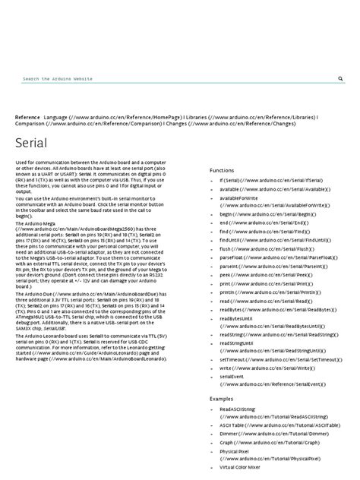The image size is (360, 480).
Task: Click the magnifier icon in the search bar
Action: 339,78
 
